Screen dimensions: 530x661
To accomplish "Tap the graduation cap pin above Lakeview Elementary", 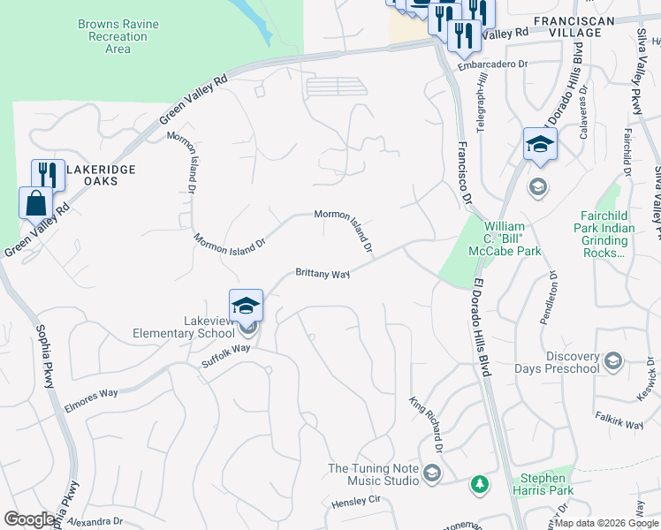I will click(x=246, y=307).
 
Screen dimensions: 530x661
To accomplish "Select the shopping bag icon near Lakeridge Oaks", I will click(x=35, y=202).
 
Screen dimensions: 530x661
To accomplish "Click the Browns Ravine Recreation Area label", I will click(x=118, y=37).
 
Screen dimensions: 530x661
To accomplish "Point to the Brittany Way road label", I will click(x=323, y=275).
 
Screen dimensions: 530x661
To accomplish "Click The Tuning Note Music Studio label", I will click(x=374, y=474).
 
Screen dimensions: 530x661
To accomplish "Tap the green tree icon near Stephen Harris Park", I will click(x=479, y=484).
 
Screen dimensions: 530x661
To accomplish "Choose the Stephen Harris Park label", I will click(x=542, y=484).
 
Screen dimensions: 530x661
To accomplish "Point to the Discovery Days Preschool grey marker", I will click(x=613, y=360).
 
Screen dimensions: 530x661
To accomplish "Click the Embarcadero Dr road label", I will click(x=492, y=64).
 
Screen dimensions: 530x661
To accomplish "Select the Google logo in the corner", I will click(x=29, y=519).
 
